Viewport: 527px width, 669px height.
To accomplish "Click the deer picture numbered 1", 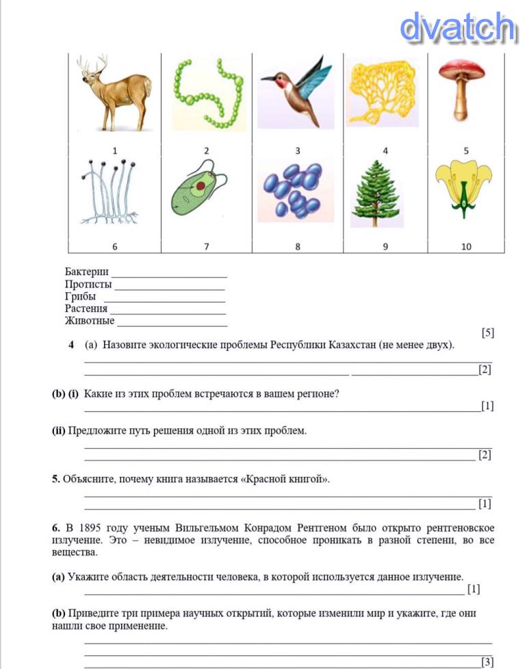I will click(114, 94).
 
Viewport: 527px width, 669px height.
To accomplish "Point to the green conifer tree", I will click(375, 194).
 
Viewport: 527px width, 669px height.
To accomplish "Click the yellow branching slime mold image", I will click(383, 92).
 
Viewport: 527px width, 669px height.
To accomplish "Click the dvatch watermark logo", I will click(457, 28).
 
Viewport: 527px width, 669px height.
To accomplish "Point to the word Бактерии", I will click(87, 272).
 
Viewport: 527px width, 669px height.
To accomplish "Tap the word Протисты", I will click(88, 284).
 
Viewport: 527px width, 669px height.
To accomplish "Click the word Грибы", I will click(80, 296).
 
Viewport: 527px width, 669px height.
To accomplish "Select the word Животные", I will click(90, 320).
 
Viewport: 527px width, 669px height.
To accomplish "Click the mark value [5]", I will click(487, 333).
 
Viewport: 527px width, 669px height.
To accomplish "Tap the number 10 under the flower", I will click(466, 246).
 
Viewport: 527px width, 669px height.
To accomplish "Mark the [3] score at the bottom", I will click(487, 661).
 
